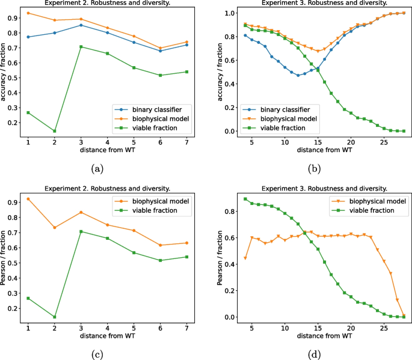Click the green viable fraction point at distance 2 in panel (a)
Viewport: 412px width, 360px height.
click(55, 131)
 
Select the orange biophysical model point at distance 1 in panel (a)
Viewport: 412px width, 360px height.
click(28, 13)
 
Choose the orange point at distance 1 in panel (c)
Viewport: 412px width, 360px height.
click(28, 199)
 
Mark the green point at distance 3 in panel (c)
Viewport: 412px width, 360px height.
click(81, 231)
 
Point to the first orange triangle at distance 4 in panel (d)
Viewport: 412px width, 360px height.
click(245, 258)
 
